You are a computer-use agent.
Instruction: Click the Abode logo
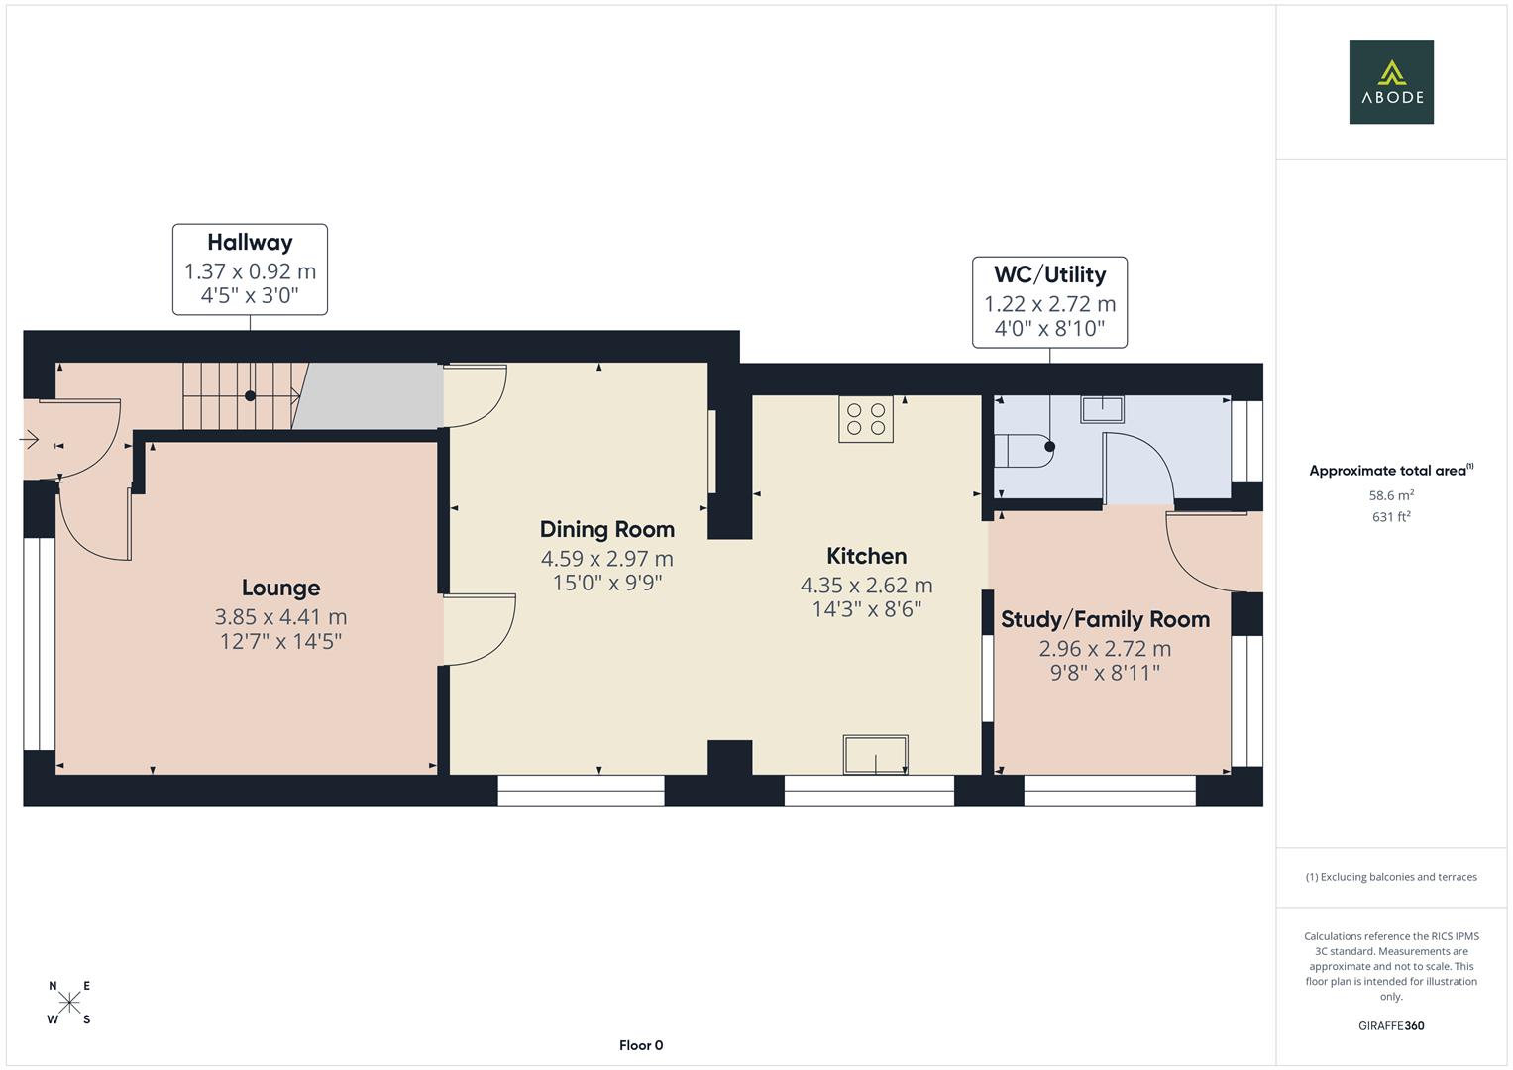(x=1391, y=81)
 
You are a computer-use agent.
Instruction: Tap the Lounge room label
(x=281, y=588)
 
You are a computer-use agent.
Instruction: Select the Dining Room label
(x=607, y=530)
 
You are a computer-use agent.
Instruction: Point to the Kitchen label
(x=867, y=556)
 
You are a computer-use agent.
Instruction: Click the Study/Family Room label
(x=1105, y=619)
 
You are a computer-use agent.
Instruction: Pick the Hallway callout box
(x=250, y=269)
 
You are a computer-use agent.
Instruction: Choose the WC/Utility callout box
(x=1049, y=302)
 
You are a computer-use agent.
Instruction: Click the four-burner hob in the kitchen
(x=866, y=419)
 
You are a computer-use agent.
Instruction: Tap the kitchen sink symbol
(x=875, y=755)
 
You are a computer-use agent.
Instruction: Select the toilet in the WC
(x=1024, y=451)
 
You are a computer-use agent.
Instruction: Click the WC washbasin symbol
(x=1103, y=409)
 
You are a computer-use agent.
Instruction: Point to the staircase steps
(x=241, y=396)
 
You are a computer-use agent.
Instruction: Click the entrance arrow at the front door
(x=29, y=441)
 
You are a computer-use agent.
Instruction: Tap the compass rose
(x=69, y=1002)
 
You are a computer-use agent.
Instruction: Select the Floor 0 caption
(x=641, y=1045)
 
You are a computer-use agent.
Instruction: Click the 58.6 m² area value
(x=1391, y=495)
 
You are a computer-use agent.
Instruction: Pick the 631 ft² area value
(x=1391, y=517)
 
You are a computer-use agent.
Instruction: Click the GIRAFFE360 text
(x=1391, y=1026)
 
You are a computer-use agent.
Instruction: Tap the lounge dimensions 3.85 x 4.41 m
(x=281, y=616)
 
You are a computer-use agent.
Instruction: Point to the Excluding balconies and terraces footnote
(x=1391, y=877)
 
